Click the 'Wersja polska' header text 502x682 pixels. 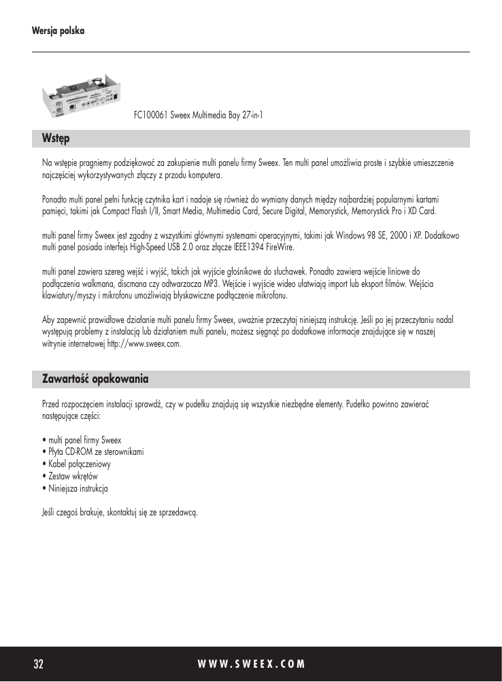(x=58, y=31)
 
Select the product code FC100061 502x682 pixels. (x=150, y=116)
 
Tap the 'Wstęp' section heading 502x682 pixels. (x=56, y=138)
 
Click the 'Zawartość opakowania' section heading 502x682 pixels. (x=95, y=377)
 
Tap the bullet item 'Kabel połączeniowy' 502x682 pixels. (x=78, y=464)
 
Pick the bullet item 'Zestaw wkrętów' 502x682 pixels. (x=72, y=476)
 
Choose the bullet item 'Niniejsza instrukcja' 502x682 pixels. (x=78, y=488)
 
